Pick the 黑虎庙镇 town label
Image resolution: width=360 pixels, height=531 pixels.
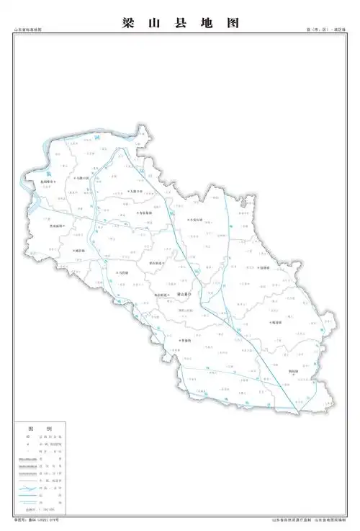(x=55, y=226)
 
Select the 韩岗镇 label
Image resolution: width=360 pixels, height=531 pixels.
(x=276, y=323)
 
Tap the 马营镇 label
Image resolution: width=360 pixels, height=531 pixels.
(x=122, y=273)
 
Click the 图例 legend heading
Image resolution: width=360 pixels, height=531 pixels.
(x=45, y=428)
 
